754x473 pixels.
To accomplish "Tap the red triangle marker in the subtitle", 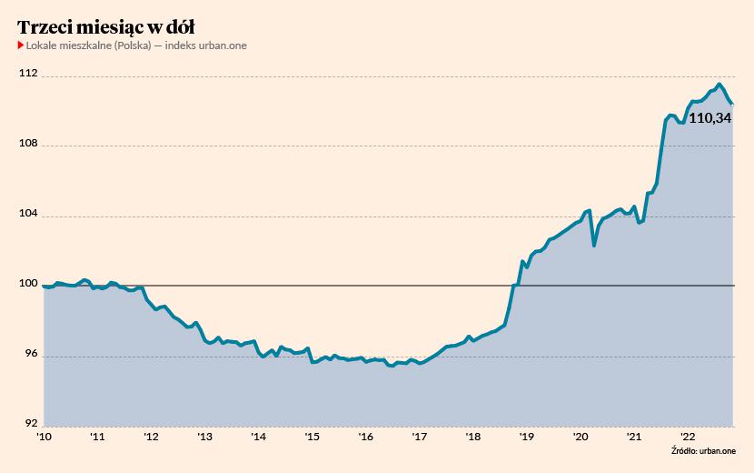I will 20,45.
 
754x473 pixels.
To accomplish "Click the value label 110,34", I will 710,117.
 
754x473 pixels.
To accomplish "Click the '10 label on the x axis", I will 44,437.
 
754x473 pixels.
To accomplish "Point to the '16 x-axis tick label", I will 366,437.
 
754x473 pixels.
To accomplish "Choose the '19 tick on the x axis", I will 527,437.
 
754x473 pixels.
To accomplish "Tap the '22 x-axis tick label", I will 689,437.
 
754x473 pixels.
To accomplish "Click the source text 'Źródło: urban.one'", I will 704,450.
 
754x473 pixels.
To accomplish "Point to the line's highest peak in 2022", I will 719,85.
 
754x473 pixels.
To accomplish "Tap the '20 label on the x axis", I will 580,437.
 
